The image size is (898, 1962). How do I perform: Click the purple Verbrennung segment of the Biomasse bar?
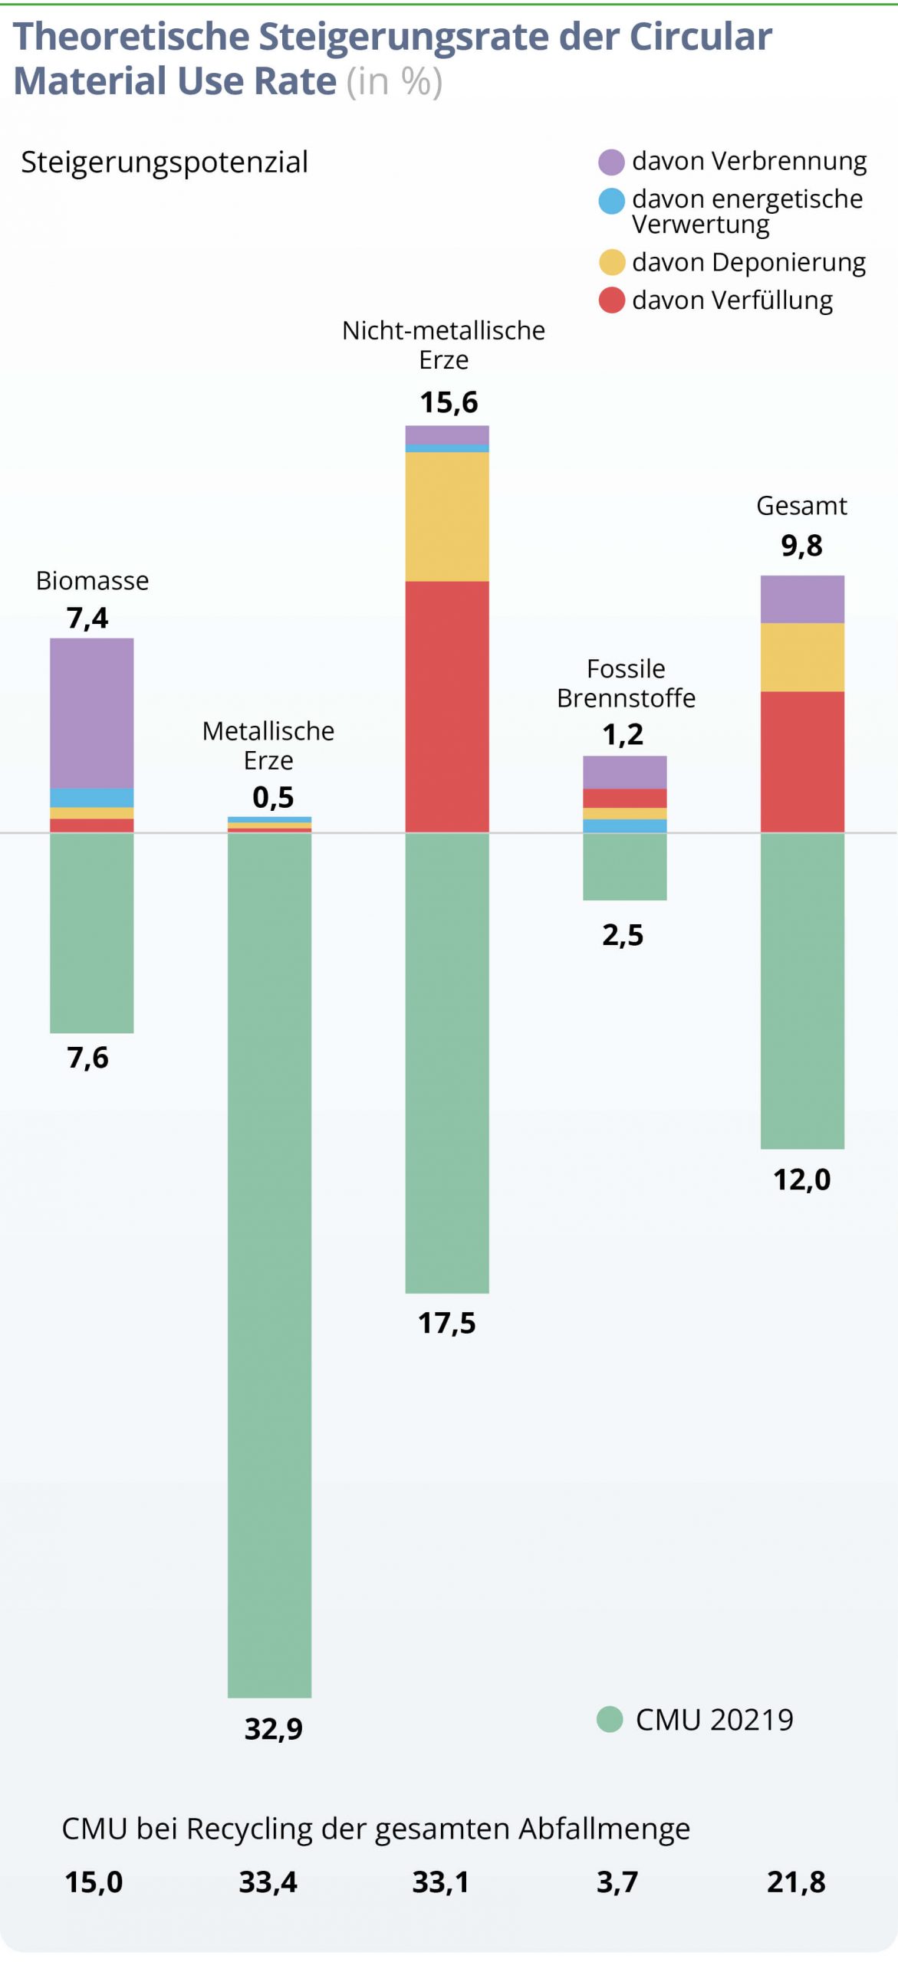pyautogui.click(x=92, y=713)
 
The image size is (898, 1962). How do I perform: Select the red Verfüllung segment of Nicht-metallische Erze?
pyautogui.click(x=447, y=706)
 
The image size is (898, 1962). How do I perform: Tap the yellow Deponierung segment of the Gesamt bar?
pyautogui.click(x=802, y=657)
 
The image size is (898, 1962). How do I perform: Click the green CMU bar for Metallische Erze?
pyautogui.click(x=269, y=1265)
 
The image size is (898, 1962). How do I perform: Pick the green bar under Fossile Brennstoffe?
pyautogui.click(x=624, y=866)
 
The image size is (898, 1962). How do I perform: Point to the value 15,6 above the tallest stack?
pyautogui.click(x=449, y=402)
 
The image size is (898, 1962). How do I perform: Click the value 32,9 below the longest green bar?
pyautogui.click(x=274, y=1729)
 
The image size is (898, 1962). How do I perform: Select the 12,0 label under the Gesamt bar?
pyautogui.click(x=801, y=1179)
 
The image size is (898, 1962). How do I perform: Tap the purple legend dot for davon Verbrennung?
pyautogui.click(x=611, y=162)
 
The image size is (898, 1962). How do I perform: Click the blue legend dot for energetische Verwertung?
pyautogui.click(x=611, y=201)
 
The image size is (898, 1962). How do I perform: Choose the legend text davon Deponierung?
pyautogui.click(x=748, y=262)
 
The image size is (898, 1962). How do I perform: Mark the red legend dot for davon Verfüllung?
pyautogui.click(x=611, y=300)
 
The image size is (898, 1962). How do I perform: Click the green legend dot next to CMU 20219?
pyautogui.click(x=610, y=1719)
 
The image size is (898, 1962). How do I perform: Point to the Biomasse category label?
pyautogui.click(x=92, y=581)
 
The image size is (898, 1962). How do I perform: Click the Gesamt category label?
pyautogui.click(x=801, y=506)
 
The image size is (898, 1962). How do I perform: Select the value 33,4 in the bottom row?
pyautogui.click(x=268, y=1882)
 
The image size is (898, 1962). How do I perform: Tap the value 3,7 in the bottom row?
pyautogui.click(x=617, y=1882)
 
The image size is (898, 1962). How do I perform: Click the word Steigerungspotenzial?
pyautogui.click(x=164, y=162)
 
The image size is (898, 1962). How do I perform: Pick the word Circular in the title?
pyautogui.click(x=700, y=37)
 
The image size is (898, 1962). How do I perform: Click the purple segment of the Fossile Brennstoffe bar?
pyautogui.click(x=624, y=772)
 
